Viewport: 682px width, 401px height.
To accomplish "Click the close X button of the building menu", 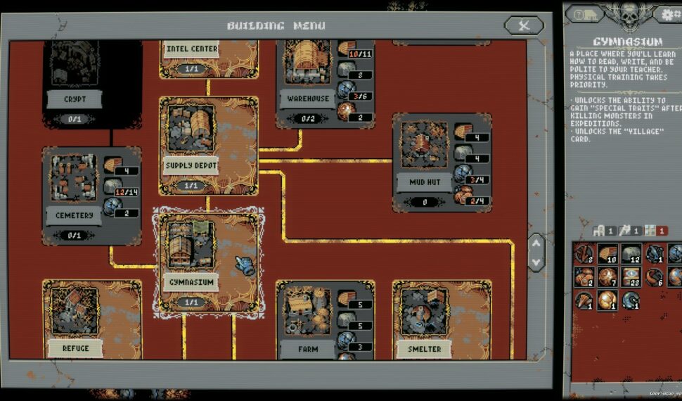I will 524,26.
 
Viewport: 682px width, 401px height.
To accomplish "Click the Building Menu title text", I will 276,26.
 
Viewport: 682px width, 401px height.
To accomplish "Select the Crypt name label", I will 75,99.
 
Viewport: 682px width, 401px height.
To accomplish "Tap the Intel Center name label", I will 191,49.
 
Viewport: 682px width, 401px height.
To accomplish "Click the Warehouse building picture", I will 308,63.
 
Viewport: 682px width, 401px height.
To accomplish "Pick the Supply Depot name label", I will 191,166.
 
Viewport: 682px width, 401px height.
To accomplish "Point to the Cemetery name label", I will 74,215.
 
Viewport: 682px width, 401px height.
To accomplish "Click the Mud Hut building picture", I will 424,145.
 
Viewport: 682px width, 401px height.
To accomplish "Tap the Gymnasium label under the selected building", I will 191,281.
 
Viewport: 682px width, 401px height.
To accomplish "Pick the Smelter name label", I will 424,349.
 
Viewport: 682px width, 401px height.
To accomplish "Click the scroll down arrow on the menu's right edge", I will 536,262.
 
